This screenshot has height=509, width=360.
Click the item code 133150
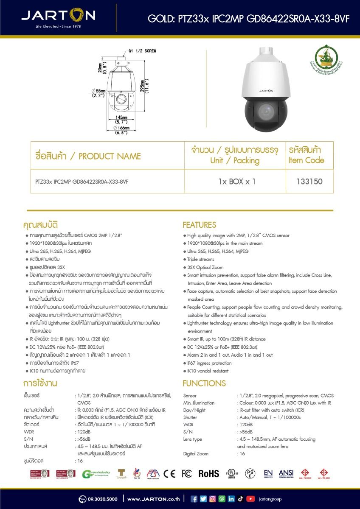click(x=309, y=182)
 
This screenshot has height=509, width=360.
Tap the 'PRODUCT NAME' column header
click(x=88, y=156)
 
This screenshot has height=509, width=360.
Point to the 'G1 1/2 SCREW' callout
click(x=142, y=51)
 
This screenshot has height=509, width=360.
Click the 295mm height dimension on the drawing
click(x=147, y=84)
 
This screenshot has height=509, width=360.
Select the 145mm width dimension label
click(x=121, y=117)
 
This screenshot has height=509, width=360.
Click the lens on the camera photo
click(x=265, y=111)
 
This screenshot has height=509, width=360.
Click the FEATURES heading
click(x=200, y=225)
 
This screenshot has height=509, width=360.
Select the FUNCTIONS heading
click(x=204, y=383)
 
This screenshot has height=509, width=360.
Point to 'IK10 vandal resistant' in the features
click(x=208, y=371)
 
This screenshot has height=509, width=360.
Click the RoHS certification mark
click(x=209, y=474)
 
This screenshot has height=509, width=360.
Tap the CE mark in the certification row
click(x=169, y=474)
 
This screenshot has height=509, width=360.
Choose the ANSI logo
click(x=286, y=473)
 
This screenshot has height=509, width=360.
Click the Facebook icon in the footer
click(x=194, y=499)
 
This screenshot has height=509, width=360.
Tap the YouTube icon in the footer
click(x=250, y=499)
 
